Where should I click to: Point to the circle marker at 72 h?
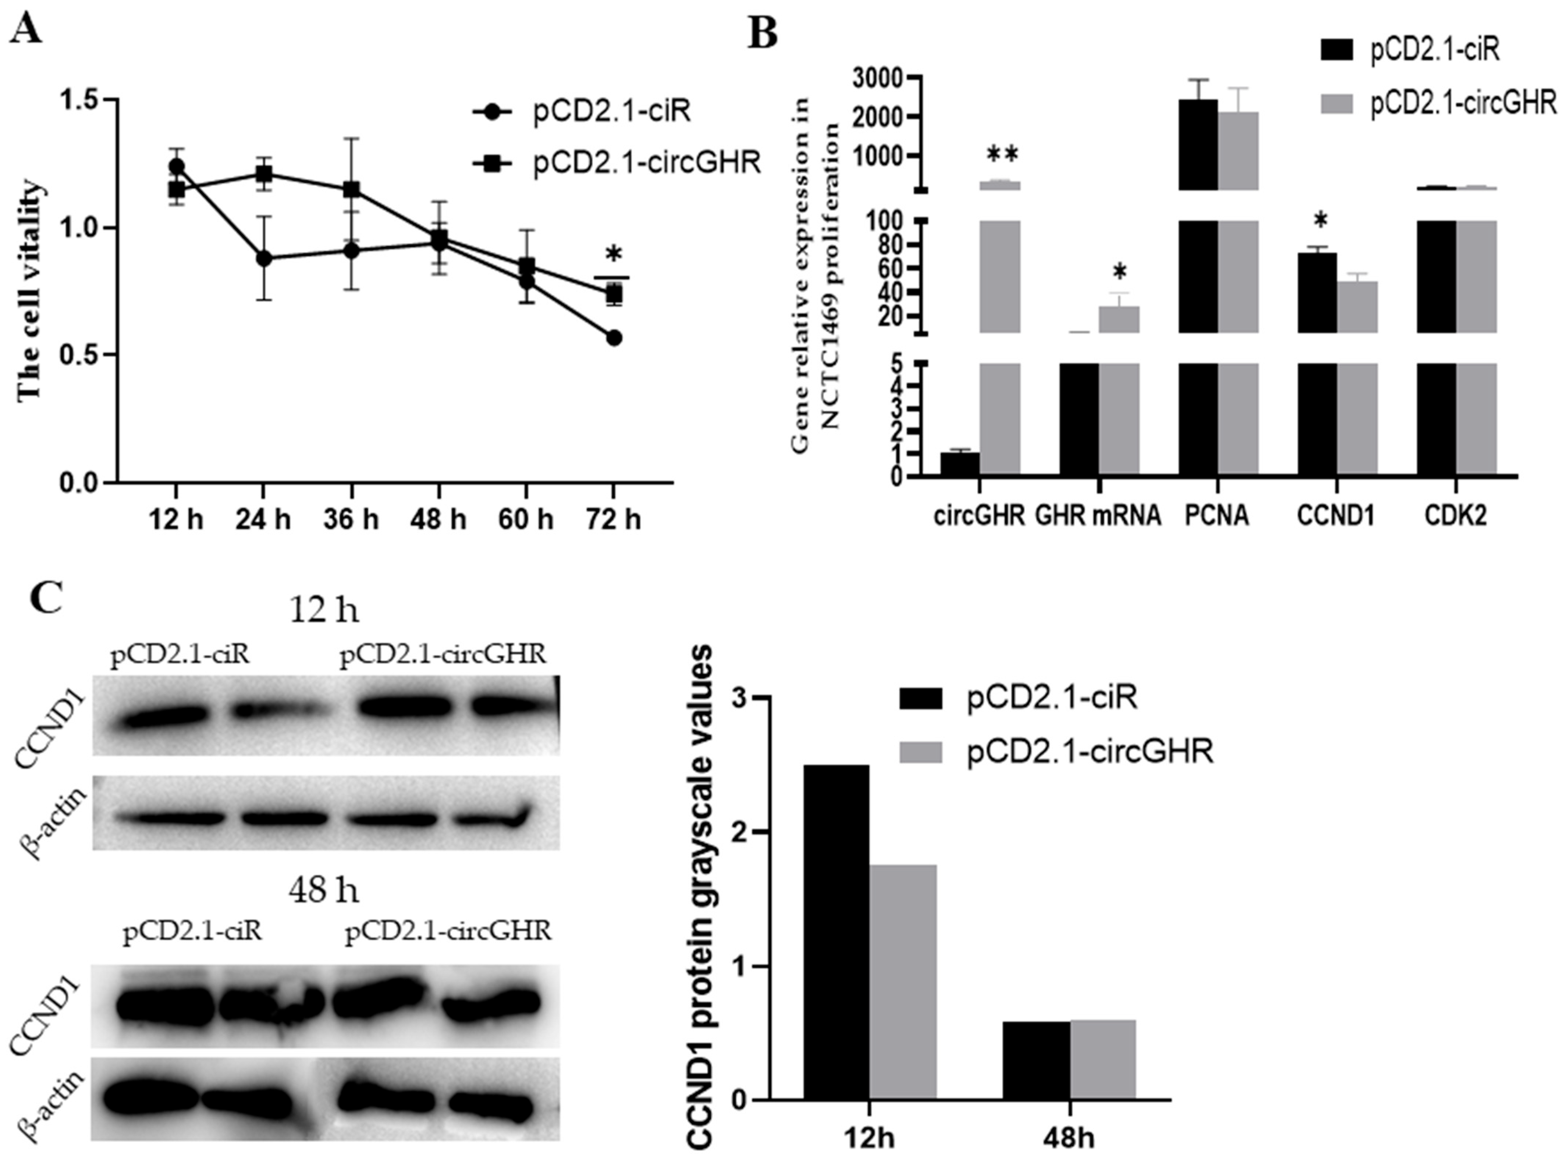[614, 338]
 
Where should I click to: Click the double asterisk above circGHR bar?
[1002, 155]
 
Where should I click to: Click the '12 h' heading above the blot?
[323, 611]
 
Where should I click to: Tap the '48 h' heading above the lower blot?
[323, 891]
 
